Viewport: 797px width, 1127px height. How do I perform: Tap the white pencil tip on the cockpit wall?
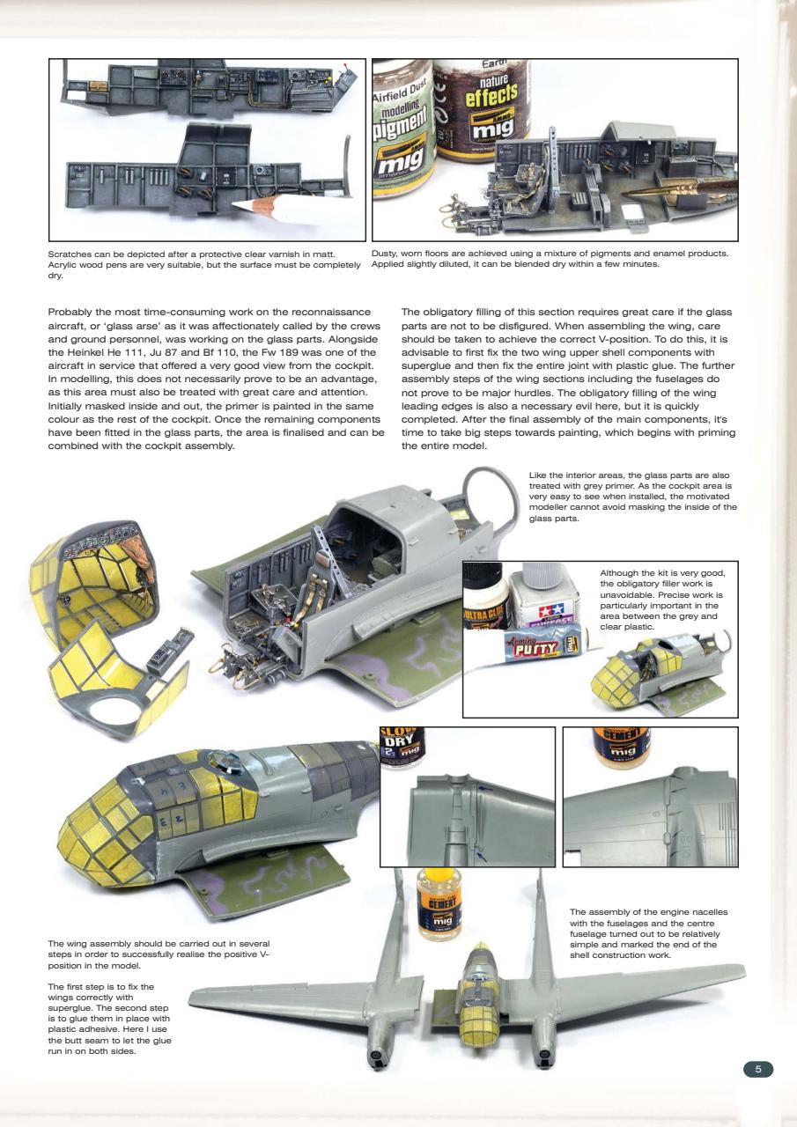[240, 204]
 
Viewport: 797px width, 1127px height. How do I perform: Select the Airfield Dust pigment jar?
[402, 132]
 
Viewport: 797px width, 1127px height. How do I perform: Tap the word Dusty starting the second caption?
[387, 254]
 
